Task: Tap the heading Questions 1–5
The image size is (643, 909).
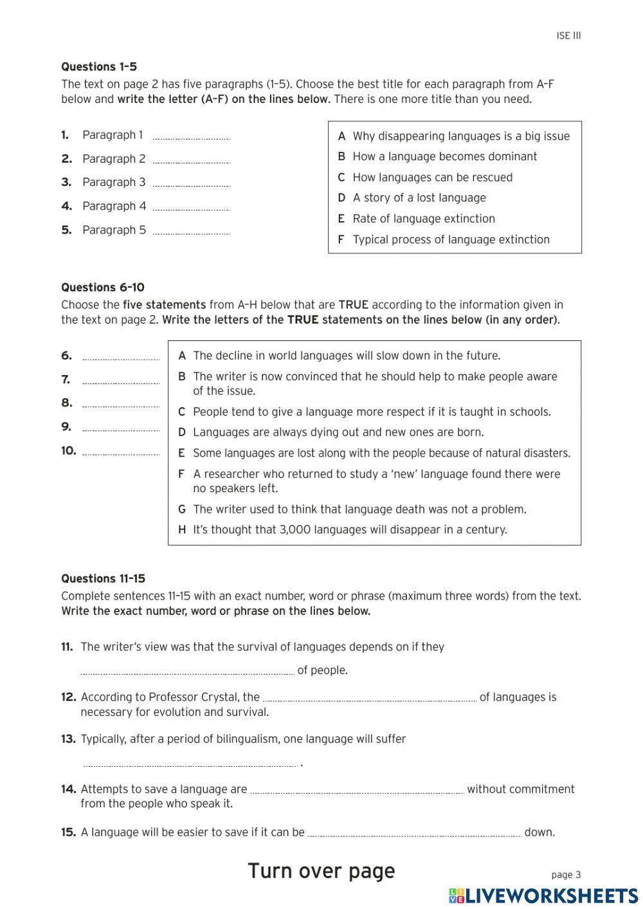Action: click(x=99, y=67)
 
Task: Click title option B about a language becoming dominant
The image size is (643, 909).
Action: click(x=444, y=156)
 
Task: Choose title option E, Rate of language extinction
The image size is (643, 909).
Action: click(x=424, y=219)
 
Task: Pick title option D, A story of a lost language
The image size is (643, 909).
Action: click(x=419, y=198)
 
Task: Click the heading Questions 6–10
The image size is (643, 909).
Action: click(x=103, y=288)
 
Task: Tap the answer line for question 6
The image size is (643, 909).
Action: click(x=120, y=357)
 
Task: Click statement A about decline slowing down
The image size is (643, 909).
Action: click(x=346, y=356)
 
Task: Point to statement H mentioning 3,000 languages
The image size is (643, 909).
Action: click(x=349, y=530)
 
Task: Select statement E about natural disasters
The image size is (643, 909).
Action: click(x=381, y=454)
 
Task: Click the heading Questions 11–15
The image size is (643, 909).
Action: click(x=103, y=579)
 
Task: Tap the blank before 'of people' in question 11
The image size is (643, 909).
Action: click(x=187, y=671)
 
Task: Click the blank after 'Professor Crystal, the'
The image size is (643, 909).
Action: click(x=370, y=698)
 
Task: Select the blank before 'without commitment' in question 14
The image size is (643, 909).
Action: click(x=357, y=790)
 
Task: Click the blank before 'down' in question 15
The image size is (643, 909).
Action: click(x=414, y=833)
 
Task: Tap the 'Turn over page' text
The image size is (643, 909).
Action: click(x=321, y=871)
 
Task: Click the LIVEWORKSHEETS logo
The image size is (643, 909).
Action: click(x=543, y=895)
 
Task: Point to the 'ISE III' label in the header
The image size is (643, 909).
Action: click(x=568, y=36)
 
